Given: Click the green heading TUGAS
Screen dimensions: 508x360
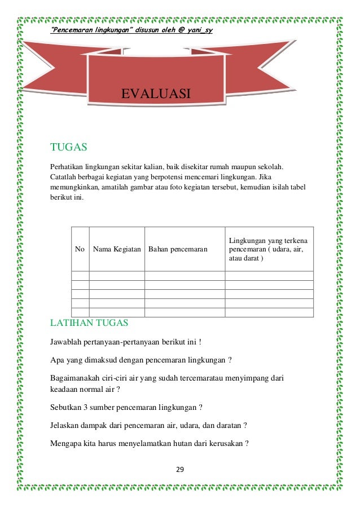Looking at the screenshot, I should (x=68, y=148).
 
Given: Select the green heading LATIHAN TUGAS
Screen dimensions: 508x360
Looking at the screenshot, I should (x=89, y=323).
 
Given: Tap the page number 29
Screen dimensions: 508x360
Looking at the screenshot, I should (x=180, y=470).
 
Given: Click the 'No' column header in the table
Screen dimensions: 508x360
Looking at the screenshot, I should (x=80, y=249).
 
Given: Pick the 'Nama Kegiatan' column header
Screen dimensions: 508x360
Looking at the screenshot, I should (x=117, y=249).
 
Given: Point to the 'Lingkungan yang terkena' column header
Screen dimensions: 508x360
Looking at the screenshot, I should (x=268, y=241).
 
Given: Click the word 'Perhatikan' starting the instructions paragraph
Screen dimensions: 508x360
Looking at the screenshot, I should (x=67, y=167).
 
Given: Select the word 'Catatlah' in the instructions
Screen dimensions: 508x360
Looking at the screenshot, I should (x=64, y=178).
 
